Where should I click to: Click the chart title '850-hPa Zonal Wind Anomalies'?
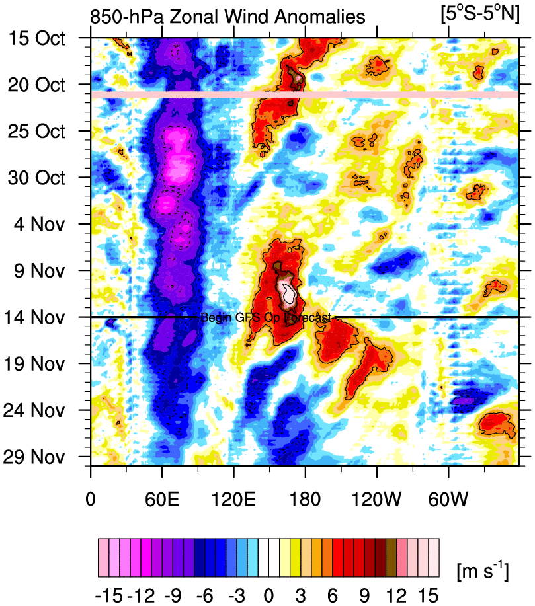coord(227,17)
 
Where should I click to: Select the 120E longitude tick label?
coord(233,495)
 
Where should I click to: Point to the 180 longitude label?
coord(305,495)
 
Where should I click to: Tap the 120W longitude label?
coord(377,495)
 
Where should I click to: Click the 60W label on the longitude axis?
coord(448,495)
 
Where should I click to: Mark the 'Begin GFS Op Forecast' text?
coord(265,318)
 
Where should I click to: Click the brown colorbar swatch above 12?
coord(391,550)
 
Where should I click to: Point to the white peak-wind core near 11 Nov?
coord(288,290)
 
